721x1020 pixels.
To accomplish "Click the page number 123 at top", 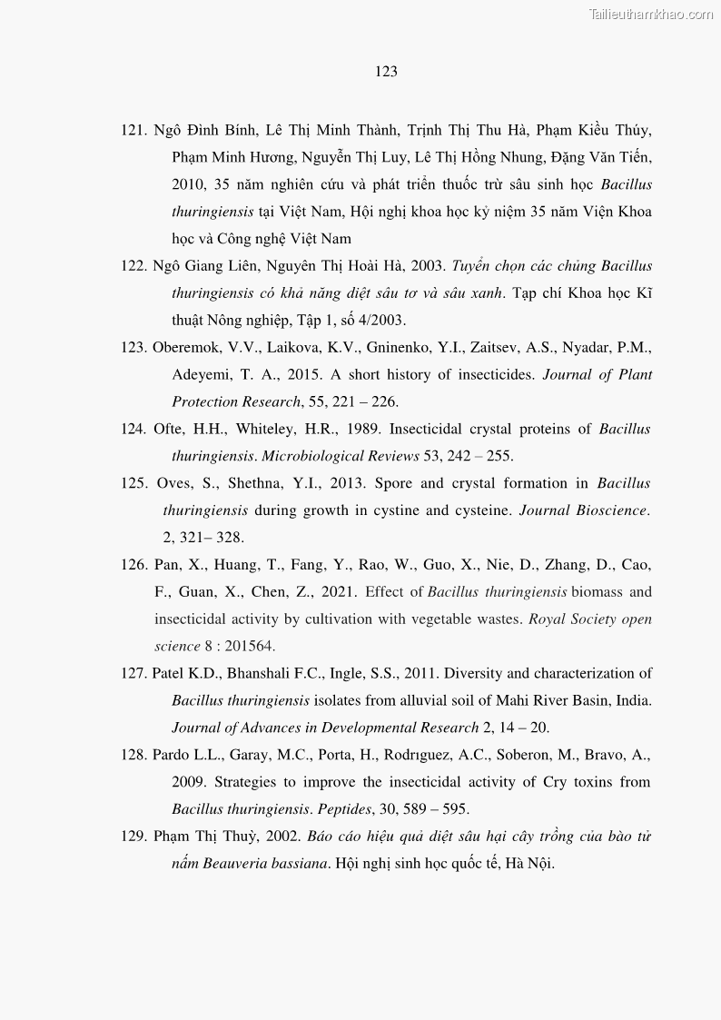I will (x=386, y=72).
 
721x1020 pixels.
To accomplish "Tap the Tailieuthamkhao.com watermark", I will (x=651, y=14).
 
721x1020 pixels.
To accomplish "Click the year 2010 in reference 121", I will (x=189, y=184).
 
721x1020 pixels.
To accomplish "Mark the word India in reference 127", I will (x=633, y=700).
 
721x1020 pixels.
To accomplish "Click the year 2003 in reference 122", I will (x=429, y=266).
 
